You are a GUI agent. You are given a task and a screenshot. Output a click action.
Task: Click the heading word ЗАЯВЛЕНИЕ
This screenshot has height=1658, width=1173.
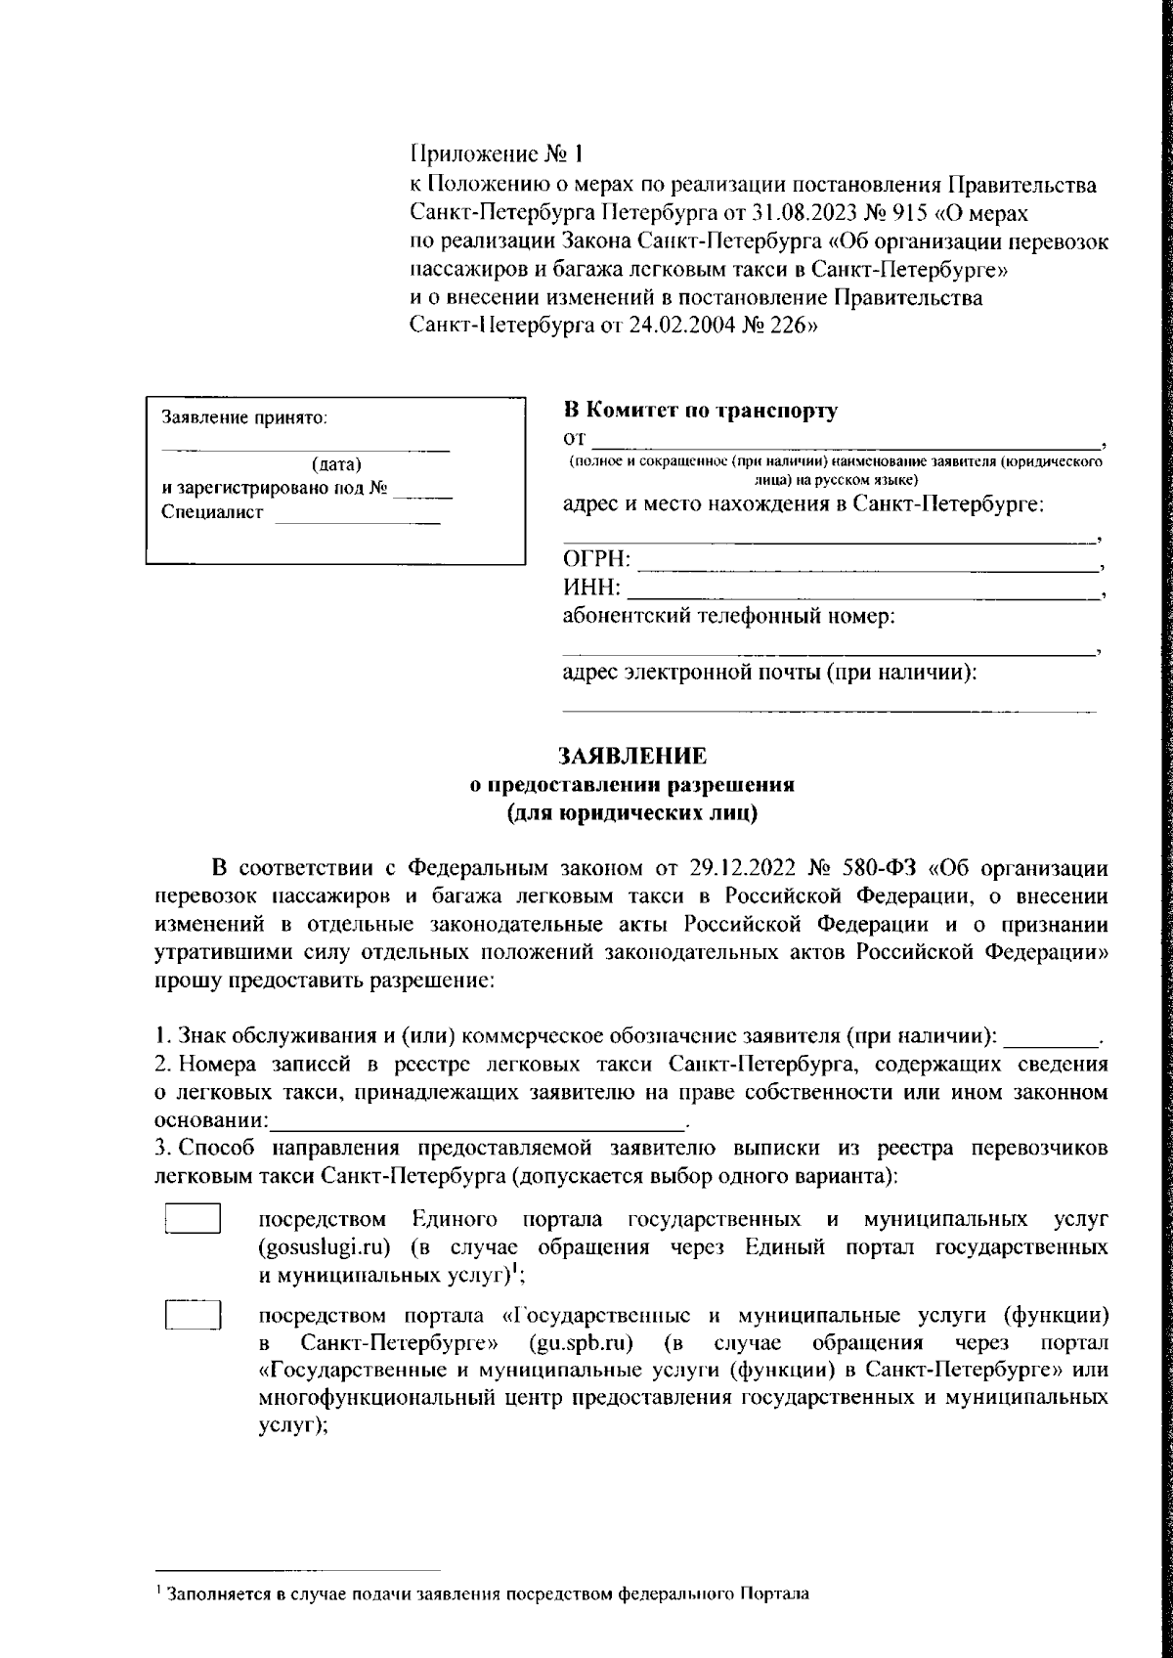[x=630, y=756]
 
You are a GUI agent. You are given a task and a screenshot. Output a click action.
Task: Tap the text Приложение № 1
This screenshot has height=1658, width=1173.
[x=496, y=154]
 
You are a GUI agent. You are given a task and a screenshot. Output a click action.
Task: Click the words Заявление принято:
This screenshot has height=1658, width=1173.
[x=244, y=417]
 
